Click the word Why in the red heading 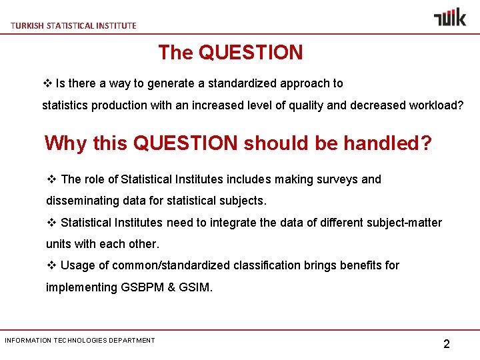tap(65, 143)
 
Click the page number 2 tap(447, 344)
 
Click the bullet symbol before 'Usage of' tap(51, 265)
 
